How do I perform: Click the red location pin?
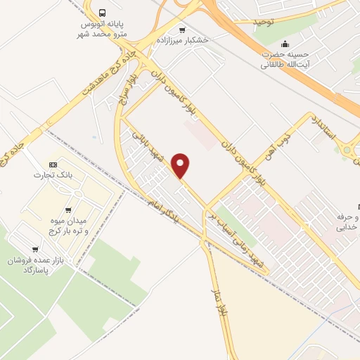[x=181, y=165]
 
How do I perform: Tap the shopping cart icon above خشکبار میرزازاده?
[x=183, y=30]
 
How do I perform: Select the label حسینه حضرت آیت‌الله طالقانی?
[x=285, y=60]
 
